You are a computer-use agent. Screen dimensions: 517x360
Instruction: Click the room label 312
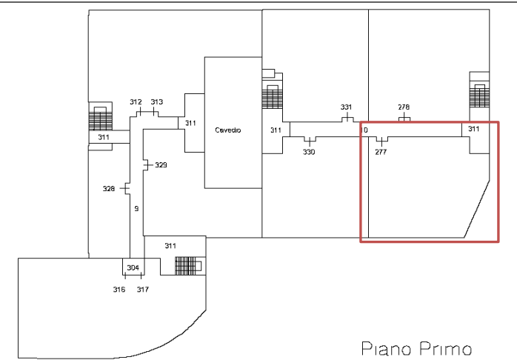click(136, 102)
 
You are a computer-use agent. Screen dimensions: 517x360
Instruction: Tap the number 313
click(157, 102)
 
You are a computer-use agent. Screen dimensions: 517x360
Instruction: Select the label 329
click(161, 165)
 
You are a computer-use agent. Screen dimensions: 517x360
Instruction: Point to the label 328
click(108, 189)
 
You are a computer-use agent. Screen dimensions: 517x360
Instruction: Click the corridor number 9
click(136, 209)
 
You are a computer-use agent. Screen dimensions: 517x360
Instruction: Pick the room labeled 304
click(133, 267)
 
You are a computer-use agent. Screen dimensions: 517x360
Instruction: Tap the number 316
click(119, 290)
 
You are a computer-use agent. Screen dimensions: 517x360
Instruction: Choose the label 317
click(143, 290)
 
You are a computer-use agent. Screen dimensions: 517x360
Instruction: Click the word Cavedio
click(228, 130)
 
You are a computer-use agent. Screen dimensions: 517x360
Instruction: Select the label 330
click(309, 152)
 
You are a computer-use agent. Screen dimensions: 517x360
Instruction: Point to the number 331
click(346, 107)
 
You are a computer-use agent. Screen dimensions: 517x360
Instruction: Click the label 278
click(404, 107)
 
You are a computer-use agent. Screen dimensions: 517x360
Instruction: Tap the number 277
click(381, 152)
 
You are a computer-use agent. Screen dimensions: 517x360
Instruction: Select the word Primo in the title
click(446, 349)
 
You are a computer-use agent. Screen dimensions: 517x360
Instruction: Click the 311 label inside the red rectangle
click(474, 129)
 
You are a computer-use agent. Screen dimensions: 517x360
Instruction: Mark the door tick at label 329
click(147, 165)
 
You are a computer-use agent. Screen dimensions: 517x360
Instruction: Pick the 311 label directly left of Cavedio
click(190, 123)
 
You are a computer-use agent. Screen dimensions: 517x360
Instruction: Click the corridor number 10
click(364, 130)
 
